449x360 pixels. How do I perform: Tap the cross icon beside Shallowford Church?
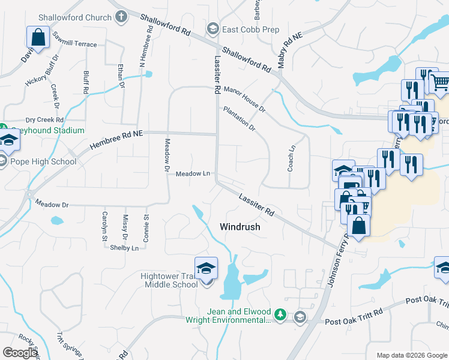(x=121, y=17)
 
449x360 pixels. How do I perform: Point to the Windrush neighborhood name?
(x=240, y=227)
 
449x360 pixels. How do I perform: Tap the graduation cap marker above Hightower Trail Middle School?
(x=206, y=268)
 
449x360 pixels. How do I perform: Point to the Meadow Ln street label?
(x=193, y=174)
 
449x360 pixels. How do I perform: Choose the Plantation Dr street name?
(x=240, y=119)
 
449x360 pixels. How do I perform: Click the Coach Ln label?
(x=292, y=158)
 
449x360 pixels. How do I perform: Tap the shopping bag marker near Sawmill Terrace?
(x=38, y=38)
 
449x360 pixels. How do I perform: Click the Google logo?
(x=20, y=353)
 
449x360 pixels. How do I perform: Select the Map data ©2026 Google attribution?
(x=411, y=355)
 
